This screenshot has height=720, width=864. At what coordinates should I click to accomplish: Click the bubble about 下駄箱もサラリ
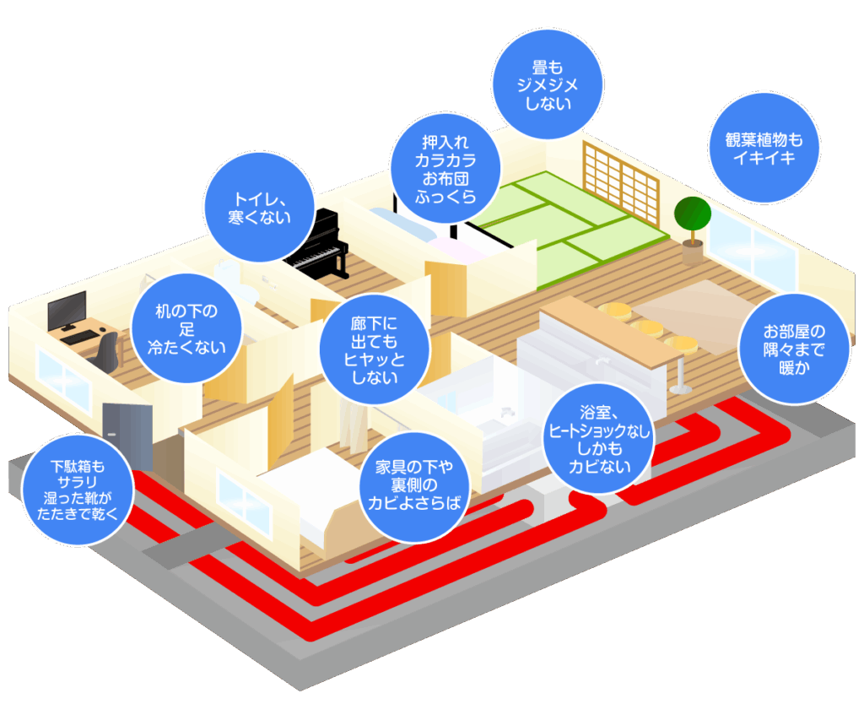[77, 489]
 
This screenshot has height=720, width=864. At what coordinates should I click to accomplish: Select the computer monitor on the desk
[67, 311]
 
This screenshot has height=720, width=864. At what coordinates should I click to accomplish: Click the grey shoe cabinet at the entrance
[128, 435]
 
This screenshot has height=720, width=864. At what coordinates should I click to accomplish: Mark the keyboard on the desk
[80, 336]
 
